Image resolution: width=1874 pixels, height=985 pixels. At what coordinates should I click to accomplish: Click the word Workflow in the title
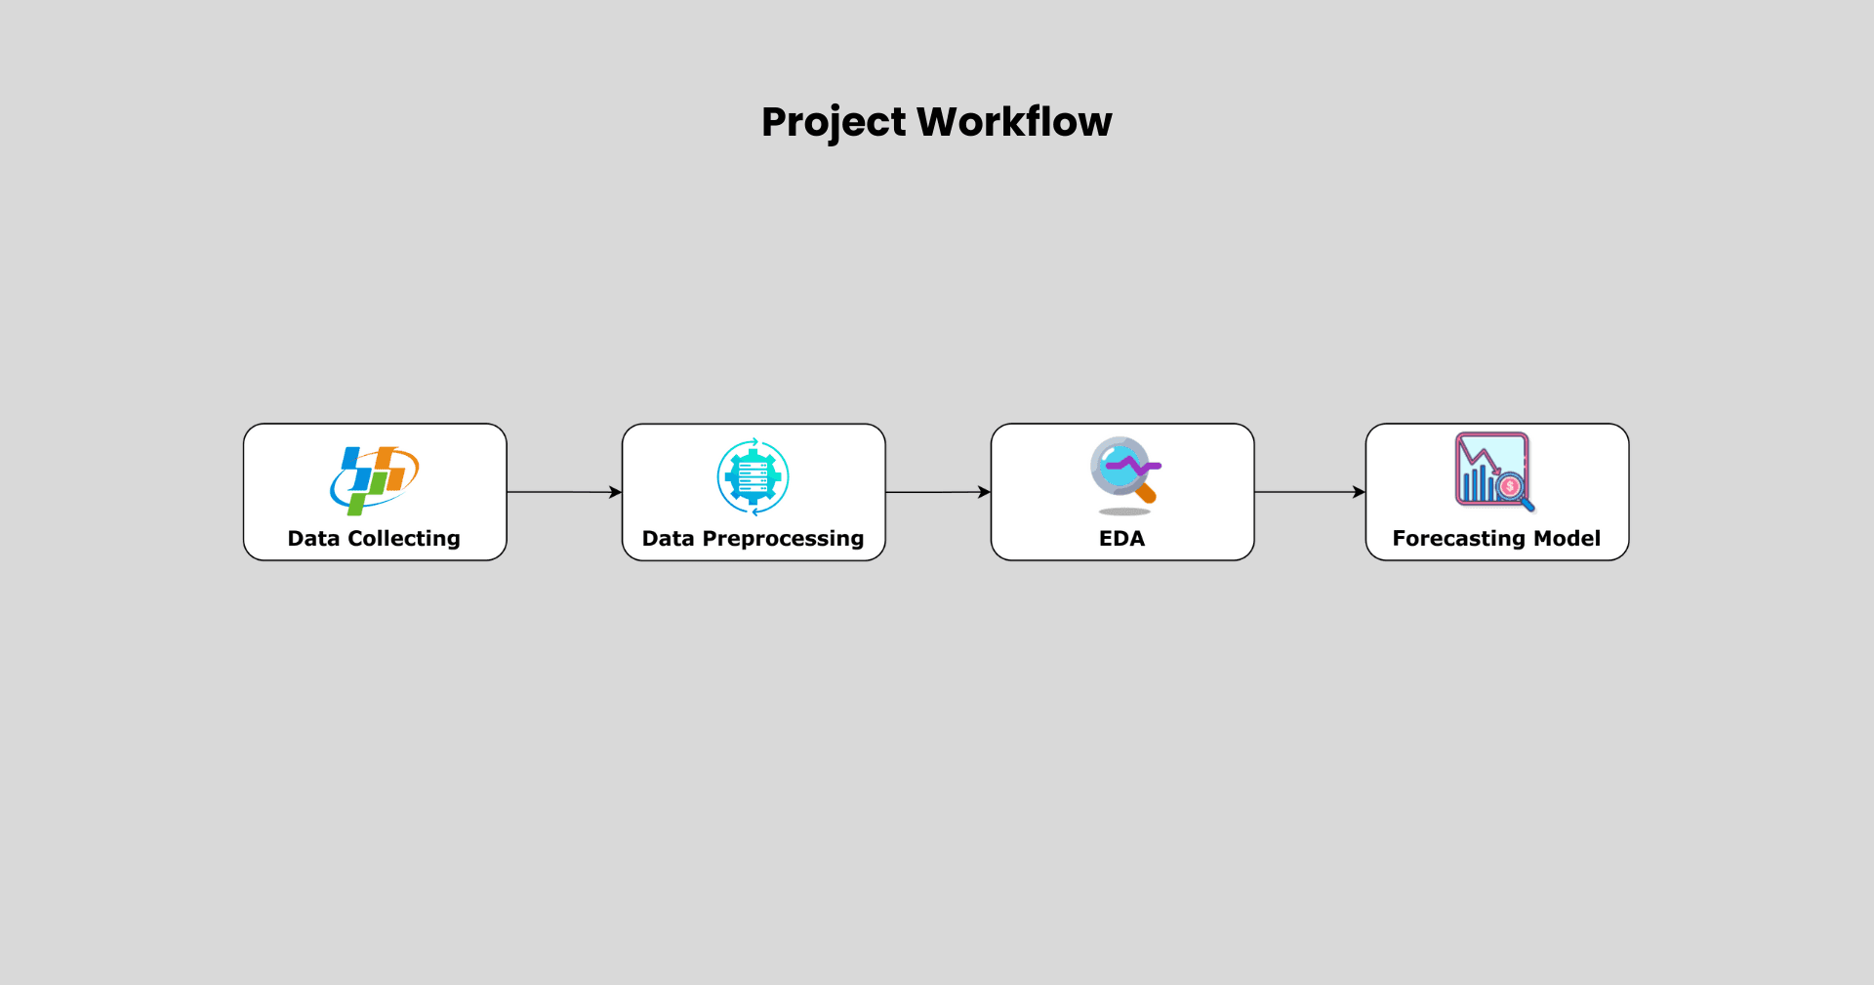coord(1015,122)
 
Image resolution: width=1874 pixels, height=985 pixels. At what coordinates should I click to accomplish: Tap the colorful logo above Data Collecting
coord(375,479)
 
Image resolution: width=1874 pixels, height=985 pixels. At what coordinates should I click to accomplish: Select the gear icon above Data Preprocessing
coord(754,476)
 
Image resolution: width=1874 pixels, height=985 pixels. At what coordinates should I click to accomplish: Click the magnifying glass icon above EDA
coord(1125,471)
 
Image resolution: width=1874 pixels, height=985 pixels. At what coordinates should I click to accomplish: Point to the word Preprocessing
coord(783,539)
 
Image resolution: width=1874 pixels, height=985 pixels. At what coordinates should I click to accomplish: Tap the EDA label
coord(1122,539)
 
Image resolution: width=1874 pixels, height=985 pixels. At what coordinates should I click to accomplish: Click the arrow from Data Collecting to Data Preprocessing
coord(564,492)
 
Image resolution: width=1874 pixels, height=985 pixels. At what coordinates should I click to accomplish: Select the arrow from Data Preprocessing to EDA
coord(938,492)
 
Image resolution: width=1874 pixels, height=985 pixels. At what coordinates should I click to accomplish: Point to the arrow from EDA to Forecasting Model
coord(1310,492)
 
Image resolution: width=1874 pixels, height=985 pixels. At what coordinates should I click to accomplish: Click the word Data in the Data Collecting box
coord(313,539)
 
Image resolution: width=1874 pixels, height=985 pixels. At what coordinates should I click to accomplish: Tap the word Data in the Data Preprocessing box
coord(668,539)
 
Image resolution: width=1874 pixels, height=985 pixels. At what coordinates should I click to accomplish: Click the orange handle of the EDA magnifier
coord(1146,493)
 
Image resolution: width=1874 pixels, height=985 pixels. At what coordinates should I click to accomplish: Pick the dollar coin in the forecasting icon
coord(1510,486)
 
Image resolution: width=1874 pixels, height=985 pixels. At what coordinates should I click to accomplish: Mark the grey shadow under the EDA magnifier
coord(1124,512)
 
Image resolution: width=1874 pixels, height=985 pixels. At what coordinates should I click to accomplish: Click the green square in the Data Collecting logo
coord(357,505)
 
